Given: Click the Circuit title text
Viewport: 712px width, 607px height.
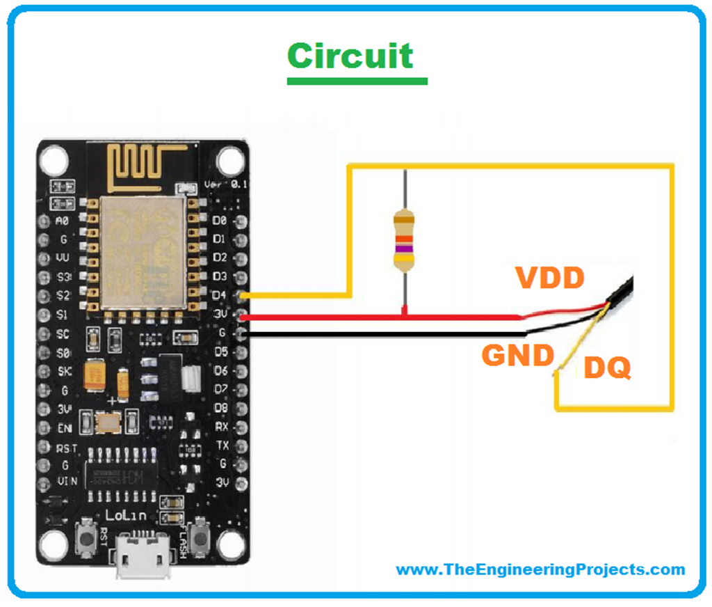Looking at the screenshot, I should tap(350, 56).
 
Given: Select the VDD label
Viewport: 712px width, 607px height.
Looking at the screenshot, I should tap(549, 278).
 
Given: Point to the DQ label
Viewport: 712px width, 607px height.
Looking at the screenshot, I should tap(607, 367).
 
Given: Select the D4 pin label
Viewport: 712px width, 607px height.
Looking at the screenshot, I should tap(219, 295).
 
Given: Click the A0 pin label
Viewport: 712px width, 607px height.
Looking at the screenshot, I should tap(63, 221).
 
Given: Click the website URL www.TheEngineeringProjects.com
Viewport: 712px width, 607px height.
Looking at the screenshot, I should tap(540, 569).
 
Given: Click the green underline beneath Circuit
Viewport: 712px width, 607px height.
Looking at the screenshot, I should tap(357, 81).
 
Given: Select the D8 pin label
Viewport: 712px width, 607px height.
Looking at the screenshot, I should tap(220, 407).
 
